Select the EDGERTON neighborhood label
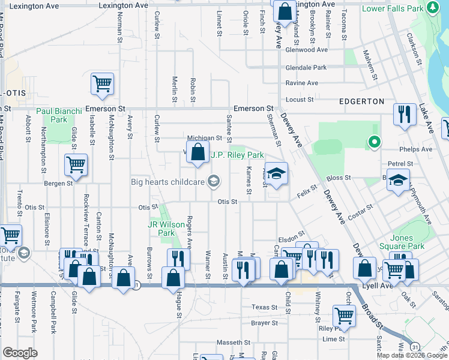pos(361,101)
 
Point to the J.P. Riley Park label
pos(238,155)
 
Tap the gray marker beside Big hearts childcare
pos(212,181)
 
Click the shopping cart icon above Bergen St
pos(76,164)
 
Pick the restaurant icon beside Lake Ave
pos(404,114)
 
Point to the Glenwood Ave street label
pos(307,50)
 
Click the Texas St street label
pos(265,307)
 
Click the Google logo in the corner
pos(20,353)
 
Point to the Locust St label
pos(300,98)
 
